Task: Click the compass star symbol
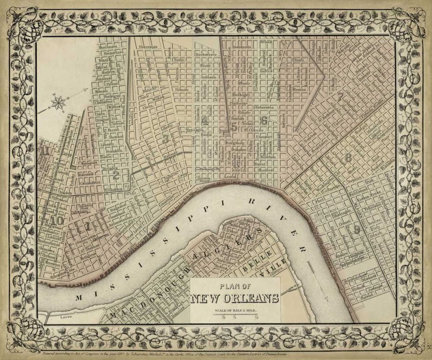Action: coord(59,103)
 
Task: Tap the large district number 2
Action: coord(116,175)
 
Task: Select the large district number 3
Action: coord(165,138)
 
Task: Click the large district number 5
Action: coord(234,126)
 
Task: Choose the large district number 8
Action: coord(348,157)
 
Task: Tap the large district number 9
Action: coord(357,229)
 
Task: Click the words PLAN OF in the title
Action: coord(235,286)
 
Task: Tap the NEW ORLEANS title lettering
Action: coord(235,298)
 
